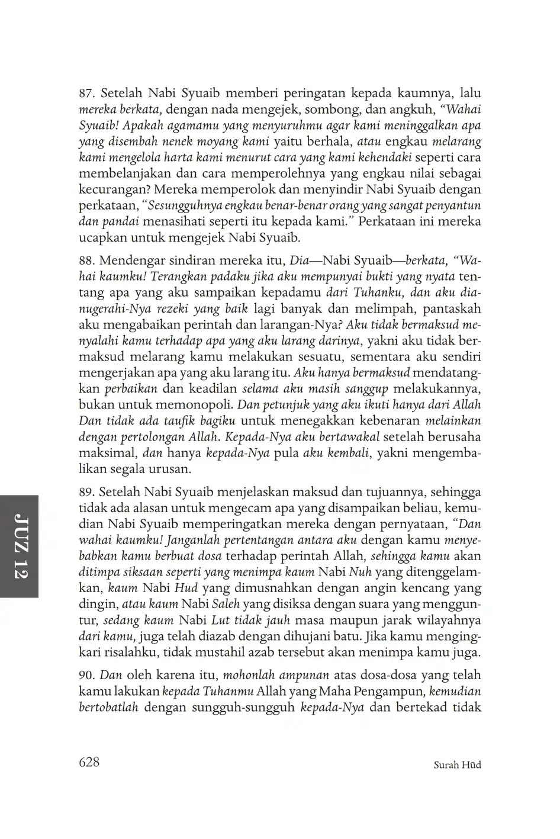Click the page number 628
pyautogui.click(x=89, y=761)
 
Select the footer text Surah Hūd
pyautogui.click(x=457, y=765)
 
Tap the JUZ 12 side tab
pyautogui.click(x=20, y=546)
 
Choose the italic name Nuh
pyautogui.click(x=359, y=573)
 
